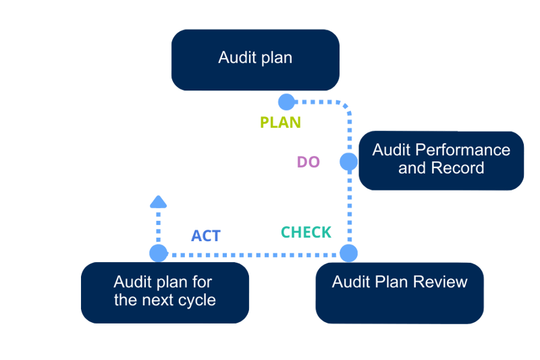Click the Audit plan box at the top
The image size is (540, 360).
[x=255, y=59]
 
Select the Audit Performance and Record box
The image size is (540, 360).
[x=441, y=159]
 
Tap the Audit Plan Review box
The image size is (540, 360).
[x=400, y=292]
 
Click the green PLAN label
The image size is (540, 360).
[x=281, y=122]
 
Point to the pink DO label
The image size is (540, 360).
[x=308, y=162]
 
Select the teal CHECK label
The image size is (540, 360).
[x=306, y=232]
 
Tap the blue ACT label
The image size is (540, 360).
[x=206, y=236]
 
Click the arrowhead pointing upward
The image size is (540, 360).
[x=158, y=201]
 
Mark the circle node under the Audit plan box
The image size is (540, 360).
[x=286, y=102]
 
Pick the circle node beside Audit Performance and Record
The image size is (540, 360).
[x=348, y=161]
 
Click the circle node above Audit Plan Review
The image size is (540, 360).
[x=348, y=254]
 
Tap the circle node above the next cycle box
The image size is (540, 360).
[x=159, y=254]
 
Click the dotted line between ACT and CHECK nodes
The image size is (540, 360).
[x=253, y=255]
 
